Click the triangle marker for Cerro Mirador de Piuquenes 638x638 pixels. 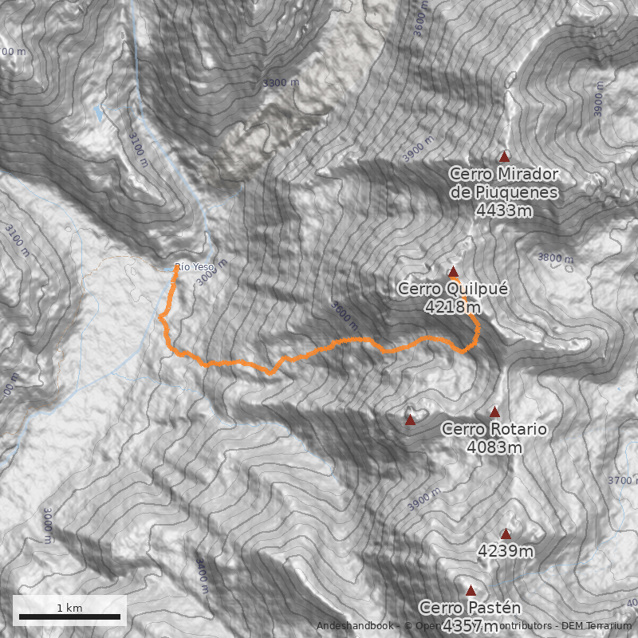(503, 157)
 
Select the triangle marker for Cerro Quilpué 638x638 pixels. (453, 271)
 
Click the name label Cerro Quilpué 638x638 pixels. (452, 289)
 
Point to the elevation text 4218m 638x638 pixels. (452, 306)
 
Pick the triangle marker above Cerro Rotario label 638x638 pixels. (494, 412)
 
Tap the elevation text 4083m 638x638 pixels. (494, 447)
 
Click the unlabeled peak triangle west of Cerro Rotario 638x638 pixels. (410, 420)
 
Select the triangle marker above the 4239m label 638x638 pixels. (506, 534)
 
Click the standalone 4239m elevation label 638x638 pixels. (506, 551)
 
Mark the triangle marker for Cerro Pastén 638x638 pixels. (471, 591)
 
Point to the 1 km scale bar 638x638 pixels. (69, 616)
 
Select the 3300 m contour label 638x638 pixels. (281, 83)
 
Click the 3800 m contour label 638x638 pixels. (556, 258)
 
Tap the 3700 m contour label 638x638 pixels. (623, 480)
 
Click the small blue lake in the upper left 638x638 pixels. (99, 113)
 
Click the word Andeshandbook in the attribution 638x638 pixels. (353, 626)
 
